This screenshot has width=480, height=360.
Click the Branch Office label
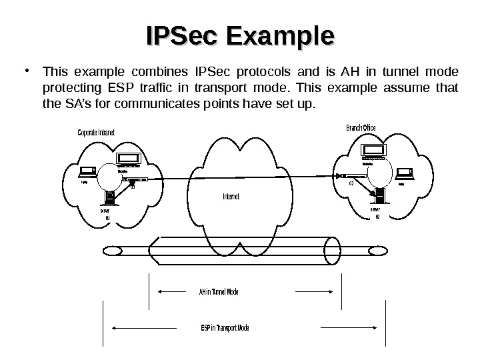[360, 127]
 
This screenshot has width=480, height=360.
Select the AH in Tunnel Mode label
[219, 292]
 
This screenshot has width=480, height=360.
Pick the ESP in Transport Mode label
[224, 328]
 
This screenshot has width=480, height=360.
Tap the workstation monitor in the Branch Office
[371, 151]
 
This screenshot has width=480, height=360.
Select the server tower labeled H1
[107, 198]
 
